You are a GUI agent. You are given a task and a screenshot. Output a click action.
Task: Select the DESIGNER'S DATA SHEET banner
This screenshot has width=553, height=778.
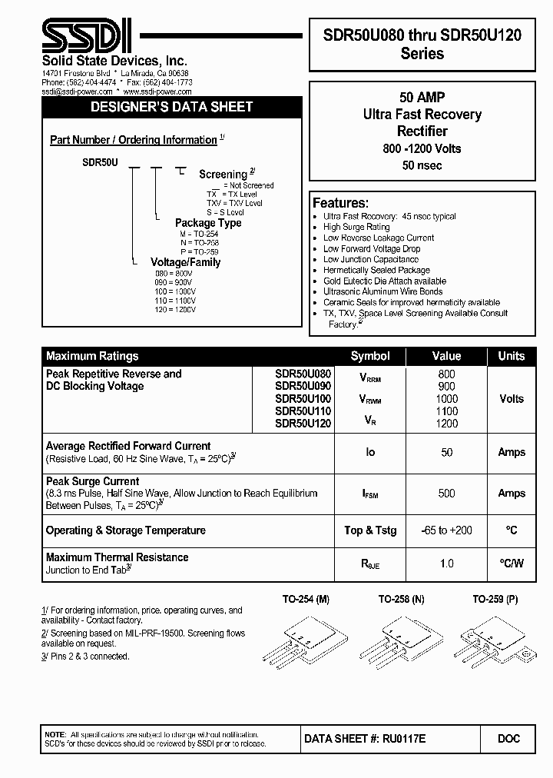pyautogui.click(x=171, y=107)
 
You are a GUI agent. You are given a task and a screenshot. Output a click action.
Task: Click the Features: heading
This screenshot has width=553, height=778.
pyautogui.click(x=340, y=203)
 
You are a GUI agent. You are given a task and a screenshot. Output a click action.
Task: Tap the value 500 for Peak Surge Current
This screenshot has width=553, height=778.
pyautogui.click(x=446, y=494)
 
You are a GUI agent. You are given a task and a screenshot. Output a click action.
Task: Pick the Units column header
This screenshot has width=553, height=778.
pyautogui.click(x=512, y=356)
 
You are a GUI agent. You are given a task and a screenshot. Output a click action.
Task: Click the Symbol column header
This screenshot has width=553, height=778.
pyautogui.click(x=370, y=356)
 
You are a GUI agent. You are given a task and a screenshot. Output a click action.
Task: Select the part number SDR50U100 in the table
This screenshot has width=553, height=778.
pyautogui.click(x=303, y=398)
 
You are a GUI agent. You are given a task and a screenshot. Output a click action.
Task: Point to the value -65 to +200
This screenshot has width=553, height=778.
pyautogui.click(x=446, y=530)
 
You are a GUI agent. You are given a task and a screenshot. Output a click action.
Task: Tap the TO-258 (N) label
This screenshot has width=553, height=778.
pyautogui.click(x=401, y=599)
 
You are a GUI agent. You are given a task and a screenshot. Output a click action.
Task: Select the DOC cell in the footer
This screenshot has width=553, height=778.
pyautogui.click(x=508, y=738)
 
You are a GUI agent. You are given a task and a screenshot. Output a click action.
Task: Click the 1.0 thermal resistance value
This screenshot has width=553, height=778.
pyautogui.click(x=446, y=564)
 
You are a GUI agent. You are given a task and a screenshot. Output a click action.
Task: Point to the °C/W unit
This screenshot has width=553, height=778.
pyautogui.click(x=512, y=564)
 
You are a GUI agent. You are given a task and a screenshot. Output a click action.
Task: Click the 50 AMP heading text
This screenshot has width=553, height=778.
pyautogui.click(x=422, y=98)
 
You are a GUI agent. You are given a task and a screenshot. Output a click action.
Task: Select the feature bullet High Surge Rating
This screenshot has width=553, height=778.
pyautogui.click(x=356, y=228)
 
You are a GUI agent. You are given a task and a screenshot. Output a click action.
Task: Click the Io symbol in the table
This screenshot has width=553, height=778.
pyautogui.click(x=370, y=452)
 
